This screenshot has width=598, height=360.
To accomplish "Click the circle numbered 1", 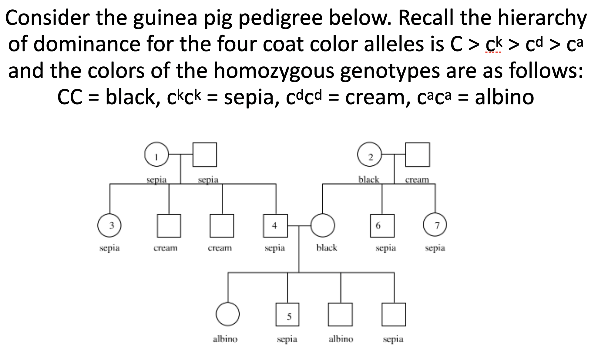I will click(x=156, y=155).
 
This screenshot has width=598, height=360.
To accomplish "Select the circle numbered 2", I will click(x=369, y=155).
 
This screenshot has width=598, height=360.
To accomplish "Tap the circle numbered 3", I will click(x=109, y=225).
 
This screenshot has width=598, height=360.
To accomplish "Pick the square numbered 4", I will click(x=275, y=225).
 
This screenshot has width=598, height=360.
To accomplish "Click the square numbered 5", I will click(x=287, y=315).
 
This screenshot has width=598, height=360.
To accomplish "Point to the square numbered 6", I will click(x=382, y=225).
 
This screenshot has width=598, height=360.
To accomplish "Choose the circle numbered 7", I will click(x=435, y=225).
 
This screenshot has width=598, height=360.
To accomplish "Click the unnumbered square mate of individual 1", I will click(x=205, y=155).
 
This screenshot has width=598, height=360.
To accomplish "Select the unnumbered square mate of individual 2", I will click(x=417, y=155).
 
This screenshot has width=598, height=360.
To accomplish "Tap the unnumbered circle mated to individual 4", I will click(x=323, y=225).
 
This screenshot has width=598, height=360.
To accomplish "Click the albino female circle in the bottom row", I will click(x=228, y=314).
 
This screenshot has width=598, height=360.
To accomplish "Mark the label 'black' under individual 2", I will click(x=369, y=180).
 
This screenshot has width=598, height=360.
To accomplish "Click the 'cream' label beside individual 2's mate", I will click(x=417, y=180).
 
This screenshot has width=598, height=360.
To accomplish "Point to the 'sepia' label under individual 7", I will click(x=435, y=248).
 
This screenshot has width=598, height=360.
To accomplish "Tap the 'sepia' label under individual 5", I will click(x=287, y=339).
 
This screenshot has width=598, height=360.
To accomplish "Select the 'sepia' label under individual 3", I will click(x=109, y=248).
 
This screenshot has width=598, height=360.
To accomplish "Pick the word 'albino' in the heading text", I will click(x=504, y=98).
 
